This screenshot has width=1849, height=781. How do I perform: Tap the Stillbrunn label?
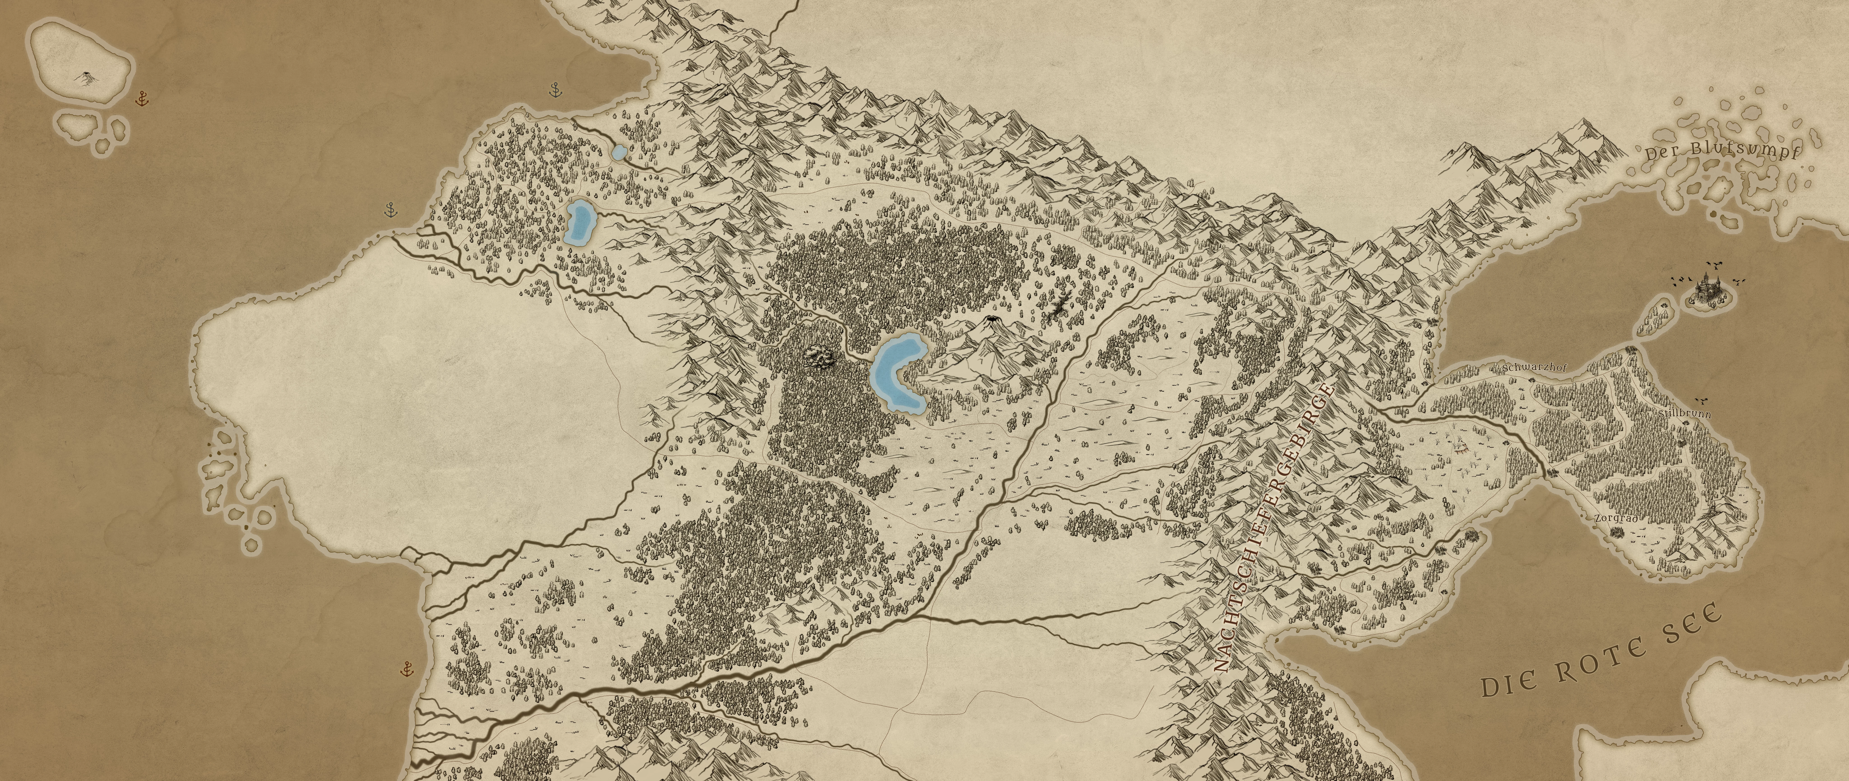click(x=1685, y=414)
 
